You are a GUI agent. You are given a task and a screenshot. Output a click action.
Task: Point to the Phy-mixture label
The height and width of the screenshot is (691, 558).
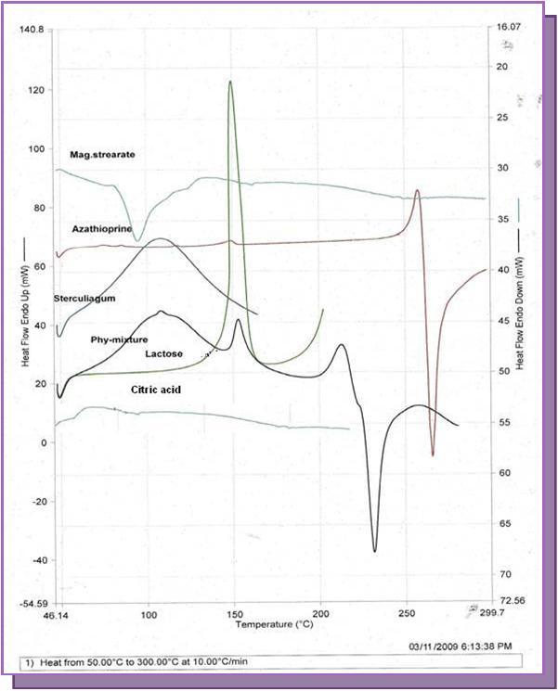tap(119, 339)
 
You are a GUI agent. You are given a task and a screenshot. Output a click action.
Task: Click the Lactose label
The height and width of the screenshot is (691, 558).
tap(163, 354)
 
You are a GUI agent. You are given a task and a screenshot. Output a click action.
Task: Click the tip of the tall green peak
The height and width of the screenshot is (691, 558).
tap(229, 82)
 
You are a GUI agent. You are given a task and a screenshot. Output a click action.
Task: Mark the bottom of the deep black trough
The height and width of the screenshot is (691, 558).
tap(375, 551)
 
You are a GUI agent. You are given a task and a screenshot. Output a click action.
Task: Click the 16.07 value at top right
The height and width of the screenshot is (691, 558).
tap(507, 29)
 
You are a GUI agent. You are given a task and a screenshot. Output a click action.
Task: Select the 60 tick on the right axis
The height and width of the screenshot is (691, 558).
tap(507, 473)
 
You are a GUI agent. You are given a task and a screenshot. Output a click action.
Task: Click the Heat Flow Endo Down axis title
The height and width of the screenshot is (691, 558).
tap(522, 301)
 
